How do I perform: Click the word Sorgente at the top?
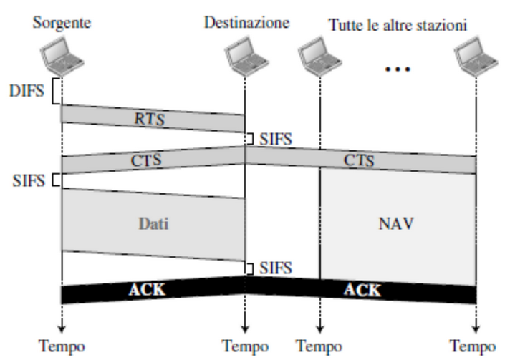[x=62, y=24]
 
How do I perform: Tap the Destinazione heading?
[x=246, y=23]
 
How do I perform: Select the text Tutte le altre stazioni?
[x=398, y=25]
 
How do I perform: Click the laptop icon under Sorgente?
[x=62, y=57]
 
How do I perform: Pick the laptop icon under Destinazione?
[x=246, y=57]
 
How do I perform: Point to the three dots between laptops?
[x=398, y=69]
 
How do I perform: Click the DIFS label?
[x=27, y=91]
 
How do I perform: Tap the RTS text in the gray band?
[x=150, y=119]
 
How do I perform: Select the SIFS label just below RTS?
[x=276, y=139]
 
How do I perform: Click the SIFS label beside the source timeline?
[x=29, y=180]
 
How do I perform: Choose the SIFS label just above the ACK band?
[x=276, y=268]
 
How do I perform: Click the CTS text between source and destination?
[x=146, y=160]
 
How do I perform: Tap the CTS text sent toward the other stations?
[x=359, y=160]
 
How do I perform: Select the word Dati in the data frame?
[x=153, y=224]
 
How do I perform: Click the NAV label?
[x=396, y=224]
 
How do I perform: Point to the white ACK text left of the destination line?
[x=147, y=289]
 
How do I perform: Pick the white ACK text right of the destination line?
[x=362, y=289]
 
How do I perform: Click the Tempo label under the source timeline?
[x=62, y=346]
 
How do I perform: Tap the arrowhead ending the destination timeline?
[x=245, y=329]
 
